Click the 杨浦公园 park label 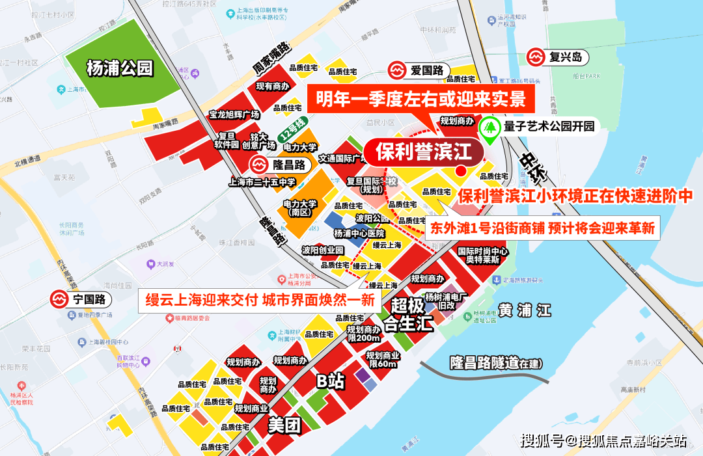119,68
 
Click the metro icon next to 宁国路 61,300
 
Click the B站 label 330,381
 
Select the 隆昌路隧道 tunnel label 496,363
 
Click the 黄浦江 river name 525,311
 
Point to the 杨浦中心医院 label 359,233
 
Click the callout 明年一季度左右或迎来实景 420,100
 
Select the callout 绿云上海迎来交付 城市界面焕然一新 259,300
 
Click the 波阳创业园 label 322,250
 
